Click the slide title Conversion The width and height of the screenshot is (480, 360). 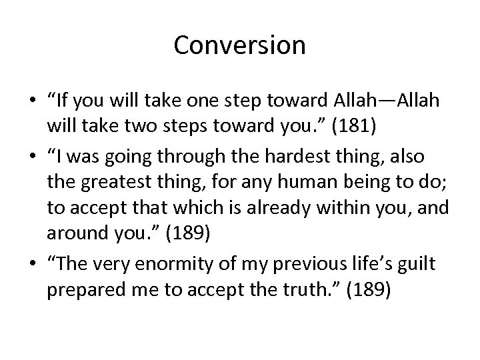click(239, 45)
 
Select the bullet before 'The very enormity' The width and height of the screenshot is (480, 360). click(32, 265)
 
